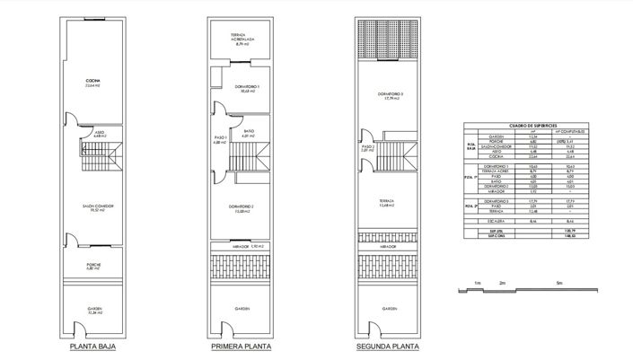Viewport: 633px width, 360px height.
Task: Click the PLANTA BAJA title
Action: coord(93,345)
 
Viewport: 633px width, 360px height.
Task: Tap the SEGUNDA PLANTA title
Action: coord(388,345)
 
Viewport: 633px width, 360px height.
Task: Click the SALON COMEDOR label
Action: coord(93,206)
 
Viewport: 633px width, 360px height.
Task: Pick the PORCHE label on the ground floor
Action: coord(93,264)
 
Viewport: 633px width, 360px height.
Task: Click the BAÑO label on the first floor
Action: coord(248,131)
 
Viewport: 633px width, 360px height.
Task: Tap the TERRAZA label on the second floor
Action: coord(388,202)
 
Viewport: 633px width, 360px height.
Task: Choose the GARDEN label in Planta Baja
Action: coord(93,308)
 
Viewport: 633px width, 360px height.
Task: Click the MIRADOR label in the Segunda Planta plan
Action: coord(388,244)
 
